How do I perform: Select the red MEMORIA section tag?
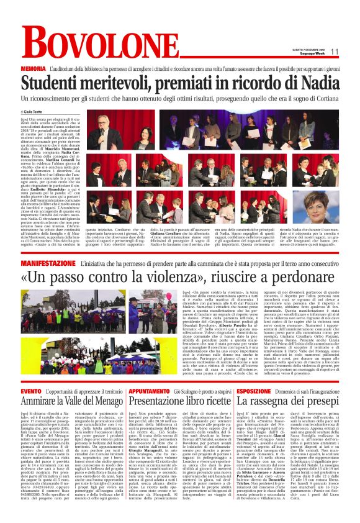point(32,68)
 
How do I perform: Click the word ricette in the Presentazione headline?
point(210,404)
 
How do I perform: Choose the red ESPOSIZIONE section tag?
point(254,391)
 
